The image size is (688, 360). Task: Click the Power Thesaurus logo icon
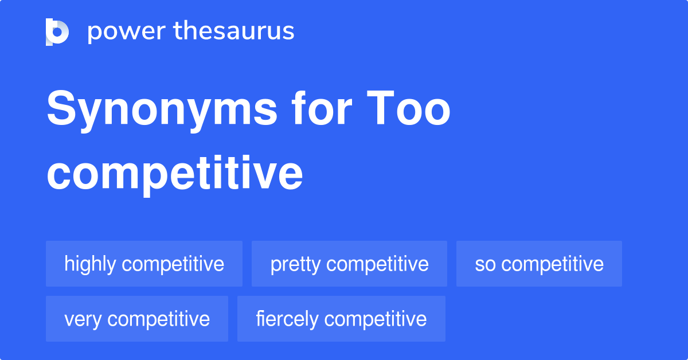tap(57, 32)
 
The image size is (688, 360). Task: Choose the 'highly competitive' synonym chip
tap(144, 264)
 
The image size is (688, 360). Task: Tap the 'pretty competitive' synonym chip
tap(349, 264)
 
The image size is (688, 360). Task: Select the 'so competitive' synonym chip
tap(539, 264)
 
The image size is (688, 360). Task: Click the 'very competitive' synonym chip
tap(137, 319)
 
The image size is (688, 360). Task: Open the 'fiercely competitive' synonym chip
tap(341, 319)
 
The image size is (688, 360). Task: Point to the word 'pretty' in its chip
tap(295, 264)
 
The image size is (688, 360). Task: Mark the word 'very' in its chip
tap(83, 319)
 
